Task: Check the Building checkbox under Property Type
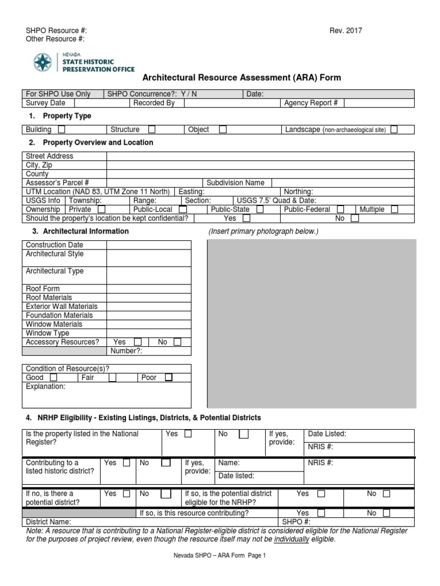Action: pos(61,130)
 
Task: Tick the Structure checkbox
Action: pos(152,130)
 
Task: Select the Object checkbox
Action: pos(223,130)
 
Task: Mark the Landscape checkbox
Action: pos(394,130)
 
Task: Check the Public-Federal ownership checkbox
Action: pos(341,209)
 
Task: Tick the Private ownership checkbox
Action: pos(101,209)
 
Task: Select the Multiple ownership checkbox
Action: pos(394,209)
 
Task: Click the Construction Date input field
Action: pos(148,245)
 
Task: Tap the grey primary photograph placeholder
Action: pos(311,323)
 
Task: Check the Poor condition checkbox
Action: pos(168,378)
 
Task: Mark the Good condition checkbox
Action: pos(53,378)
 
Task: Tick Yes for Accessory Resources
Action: pos(137,342)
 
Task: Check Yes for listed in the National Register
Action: pos(188,434)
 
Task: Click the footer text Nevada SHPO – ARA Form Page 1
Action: pos(221,555)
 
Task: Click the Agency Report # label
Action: pos(307,103)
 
